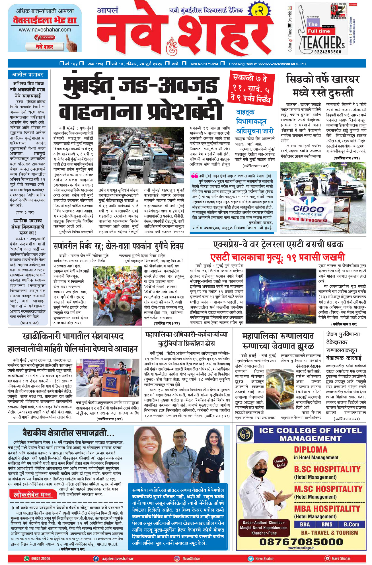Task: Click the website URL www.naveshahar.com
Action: coord(45,30)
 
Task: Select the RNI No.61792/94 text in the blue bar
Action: coord(204,64)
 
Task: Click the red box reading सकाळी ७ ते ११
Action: coord(250,89)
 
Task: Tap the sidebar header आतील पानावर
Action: coord(28,75)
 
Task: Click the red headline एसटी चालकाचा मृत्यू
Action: coord(278,257)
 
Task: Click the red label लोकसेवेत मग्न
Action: coord(32,495)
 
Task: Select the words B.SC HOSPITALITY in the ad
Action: coord(327,469)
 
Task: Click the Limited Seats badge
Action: coord(280,463)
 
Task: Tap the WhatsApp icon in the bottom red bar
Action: coord(27,558)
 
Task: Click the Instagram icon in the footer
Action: coord(177,558)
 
